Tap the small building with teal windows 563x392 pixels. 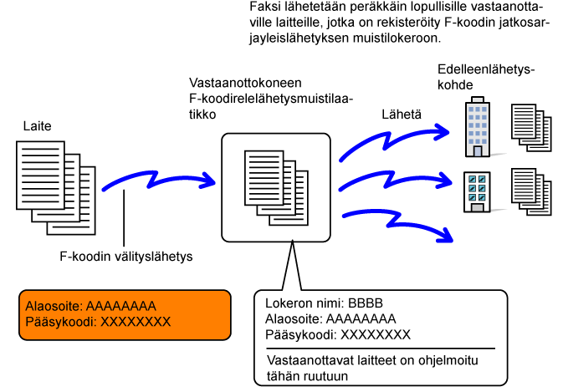[478, 191]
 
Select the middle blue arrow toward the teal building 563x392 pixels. [393, 181]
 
